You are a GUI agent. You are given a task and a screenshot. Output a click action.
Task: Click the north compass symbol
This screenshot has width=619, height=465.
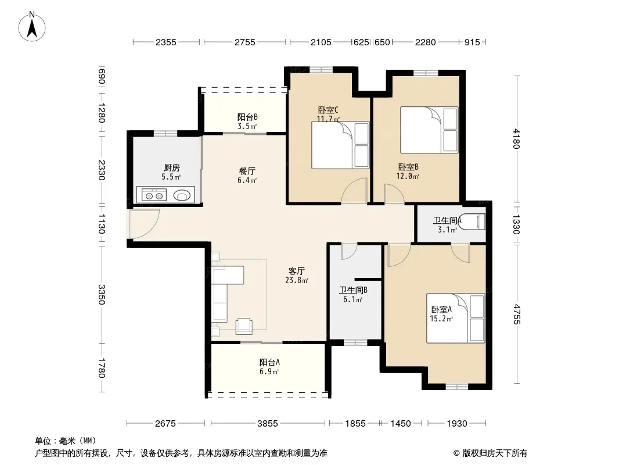(x=32, y=27)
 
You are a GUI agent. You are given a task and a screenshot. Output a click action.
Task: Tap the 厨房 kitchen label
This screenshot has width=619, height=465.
(x=172, y=168)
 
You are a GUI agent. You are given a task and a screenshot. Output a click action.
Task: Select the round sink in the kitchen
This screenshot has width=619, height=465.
(x=182, y=195)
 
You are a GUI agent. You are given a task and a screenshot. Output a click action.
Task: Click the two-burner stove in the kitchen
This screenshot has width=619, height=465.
(x=154, y=195)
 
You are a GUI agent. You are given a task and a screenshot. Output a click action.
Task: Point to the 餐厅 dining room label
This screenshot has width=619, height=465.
(x=247, y=171)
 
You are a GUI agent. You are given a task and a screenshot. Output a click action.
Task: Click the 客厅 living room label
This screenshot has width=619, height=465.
(x=297, y=271)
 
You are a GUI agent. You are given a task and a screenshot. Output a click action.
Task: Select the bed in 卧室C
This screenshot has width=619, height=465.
(x=340, y=145)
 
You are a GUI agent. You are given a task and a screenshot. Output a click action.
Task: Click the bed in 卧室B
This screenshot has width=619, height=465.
(x=429, y=130)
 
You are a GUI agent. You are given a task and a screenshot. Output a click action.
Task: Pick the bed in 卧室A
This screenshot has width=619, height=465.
(x=456, y=318)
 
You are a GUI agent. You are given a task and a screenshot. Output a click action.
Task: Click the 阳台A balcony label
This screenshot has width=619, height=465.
(x=269, y=362)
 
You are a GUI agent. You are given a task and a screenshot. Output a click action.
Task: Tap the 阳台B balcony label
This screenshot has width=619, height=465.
(x=247, y=117)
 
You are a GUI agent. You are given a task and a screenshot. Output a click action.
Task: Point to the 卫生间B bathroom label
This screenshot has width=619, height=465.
(x=353, y=291)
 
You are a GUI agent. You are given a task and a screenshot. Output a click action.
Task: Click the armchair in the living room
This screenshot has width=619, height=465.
(x=244, y=325)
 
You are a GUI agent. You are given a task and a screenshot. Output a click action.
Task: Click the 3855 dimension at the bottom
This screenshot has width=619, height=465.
(x=268, y=424)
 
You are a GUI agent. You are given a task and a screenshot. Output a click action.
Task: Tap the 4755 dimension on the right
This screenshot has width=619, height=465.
(x=516, y=314)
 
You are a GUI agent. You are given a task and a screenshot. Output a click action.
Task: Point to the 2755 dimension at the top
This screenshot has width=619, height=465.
(x=245, y=42)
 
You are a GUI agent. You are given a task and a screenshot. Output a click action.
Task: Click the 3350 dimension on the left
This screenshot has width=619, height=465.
(x=101, y=295)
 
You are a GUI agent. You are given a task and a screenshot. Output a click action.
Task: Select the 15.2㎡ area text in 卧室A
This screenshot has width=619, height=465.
(x=441, y=319)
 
